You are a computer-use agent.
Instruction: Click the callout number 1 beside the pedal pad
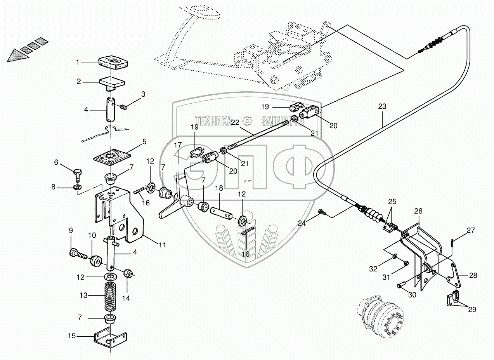click(x=78, y=62)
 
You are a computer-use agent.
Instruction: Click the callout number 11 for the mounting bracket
click(x=162, y=245)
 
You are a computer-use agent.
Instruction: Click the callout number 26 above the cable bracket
click(x=418, y=212)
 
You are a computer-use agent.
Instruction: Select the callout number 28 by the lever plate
click(x=473, y=275)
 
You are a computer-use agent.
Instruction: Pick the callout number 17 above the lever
click(x=178, y=145)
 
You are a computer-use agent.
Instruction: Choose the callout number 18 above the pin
click(x=219, y=188)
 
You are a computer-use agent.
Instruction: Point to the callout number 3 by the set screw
click(x=143, y=94)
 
